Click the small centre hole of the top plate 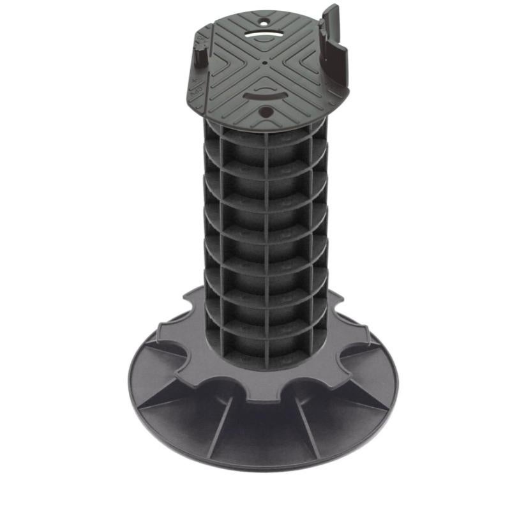click(265, 63)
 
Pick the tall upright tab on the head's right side click(334, 38)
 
